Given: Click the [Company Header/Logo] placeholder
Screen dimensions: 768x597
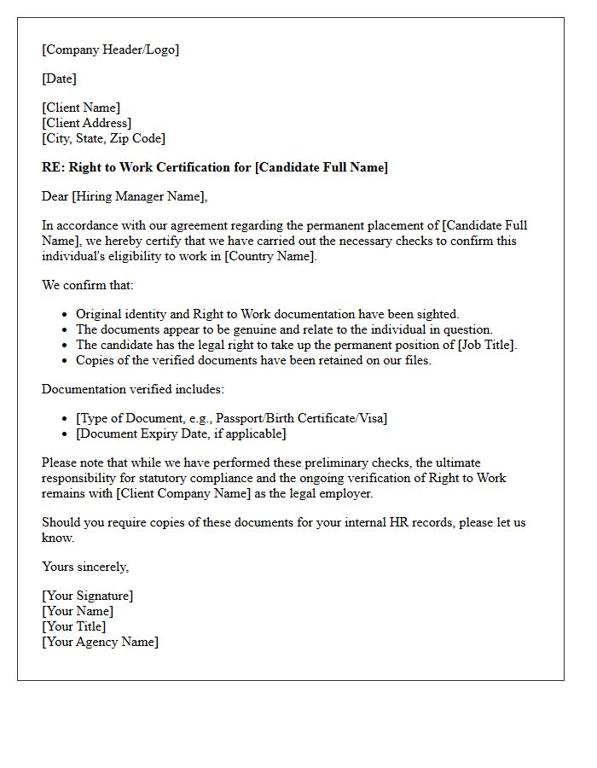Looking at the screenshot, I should pyautogui.click(x=111, y=49).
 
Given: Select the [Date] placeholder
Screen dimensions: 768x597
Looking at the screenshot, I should pyautogui.click(x=60, y=79).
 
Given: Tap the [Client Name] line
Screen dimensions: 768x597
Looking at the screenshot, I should pyautogui.click(x=81, y=108).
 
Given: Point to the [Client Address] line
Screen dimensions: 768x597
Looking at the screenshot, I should pyautogui.click(x=87, y=123).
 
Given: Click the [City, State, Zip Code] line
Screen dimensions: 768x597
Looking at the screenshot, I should pyautogui.click(x=104, y=138).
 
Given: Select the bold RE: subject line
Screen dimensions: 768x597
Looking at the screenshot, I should pyautogui.click(x=215, y=167).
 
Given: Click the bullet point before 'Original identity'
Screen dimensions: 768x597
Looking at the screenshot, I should pyautogui.click(x=66, y=315).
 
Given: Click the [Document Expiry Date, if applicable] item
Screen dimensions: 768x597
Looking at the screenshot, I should pyautogui.click(x=181, y=433).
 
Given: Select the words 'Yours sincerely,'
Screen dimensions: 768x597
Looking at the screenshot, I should pyautogui.click(x=85, y=567).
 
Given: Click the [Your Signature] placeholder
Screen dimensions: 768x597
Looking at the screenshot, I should pyautogui.click(x=87, y=596).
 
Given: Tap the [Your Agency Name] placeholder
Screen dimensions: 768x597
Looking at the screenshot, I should pyautogui.click(x=100, y=642).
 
